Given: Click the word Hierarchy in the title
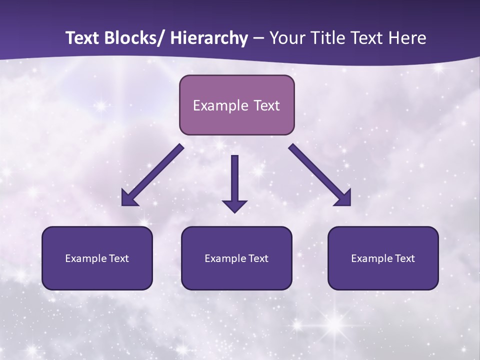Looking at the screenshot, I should click(x=209, y=38).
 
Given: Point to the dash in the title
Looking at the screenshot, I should click(x=258, y=39).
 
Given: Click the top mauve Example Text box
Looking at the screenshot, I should click(x=236, y=105).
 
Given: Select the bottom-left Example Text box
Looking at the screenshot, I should click(x=97, y=258).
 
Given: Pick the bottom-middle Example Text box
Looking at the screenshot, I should click(x=236, y=258).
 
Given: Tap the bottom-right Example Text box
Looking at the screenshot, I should click(x=383, y=258).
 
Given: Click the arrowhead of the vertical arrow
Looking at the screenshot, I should click(x=234, y=205).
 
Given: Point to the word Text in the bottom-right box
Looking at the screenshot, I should click(x=404, y=258).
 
